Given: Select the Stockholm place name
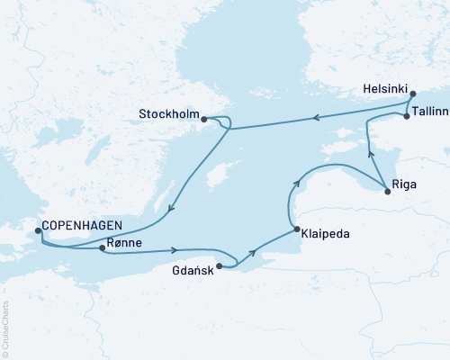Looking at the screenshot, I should tap(167, 114).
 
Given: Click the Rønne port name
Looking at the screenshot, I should tap(122, 243).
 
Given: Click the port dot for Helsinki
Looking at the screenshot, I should tap(411, 94).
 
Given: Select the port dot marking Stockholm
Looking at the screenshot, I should tap(204, 118).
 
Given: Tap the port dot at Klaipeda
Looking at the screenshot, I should tap(297, 230).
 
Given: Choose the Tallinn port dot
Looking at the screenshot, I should tap(407, 117).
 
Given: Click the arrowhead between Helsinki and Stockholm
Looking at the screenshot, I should tap(317, 116).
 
